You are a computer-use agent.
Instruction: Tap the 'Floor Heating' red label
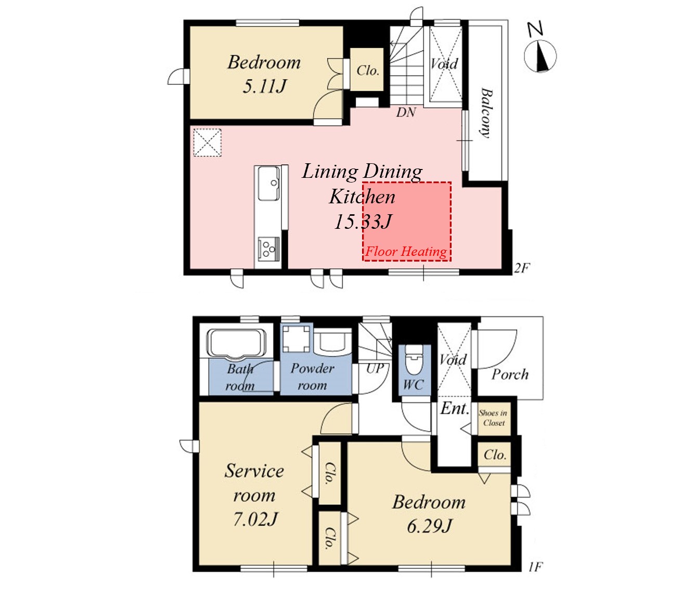coord(406,252)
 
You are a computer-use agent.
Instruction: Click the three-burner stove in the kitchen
coord(268,249)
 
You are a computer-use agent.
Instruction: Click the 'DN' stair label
coord(406,112)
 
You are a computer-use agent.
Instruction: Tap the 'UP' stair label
coord(375,369)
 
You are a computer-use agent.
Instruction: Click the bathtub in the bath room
coord(238,343)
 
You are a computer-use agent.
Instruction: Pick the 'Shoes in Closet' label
coord(493,418)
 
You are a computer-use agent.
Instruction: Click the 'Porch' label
coord(510,374)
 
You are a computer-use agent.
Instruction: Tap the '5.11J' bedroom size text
coord(265,86)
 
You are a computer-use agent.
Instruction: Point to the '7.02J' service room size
coord(255,519)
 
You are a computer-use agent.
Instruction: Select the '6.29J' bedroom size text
coord(430,526)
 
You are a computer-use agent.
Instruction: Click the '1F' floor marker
coord(535,567)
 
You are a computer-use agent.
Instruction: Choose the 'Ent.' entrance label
coord(455,408)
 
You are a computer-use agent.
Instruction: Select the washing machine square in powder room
coord(295,339)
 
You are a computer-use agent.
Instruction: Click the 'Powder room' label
coord(312,376)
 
